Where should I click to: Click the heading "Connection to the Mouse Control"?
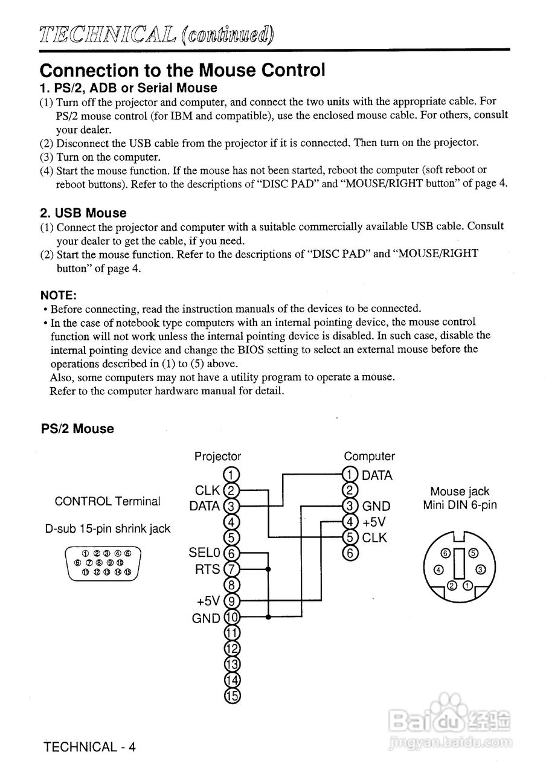(182, 70)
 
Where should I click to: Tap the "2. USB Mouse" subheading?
(83, 213)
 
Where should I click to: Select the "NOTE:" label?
(58, 295)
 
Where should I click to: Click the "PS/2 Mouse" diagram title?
(77, 429)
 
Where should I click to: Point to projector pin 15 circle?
(232, 696)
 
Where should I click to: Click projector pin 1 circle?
(232, 475)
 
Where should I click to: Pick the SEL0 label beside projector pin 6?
(205, 553)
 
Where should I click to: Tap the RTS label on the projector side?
(208, 569)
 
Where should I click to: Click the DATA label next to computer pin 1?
(377, 475)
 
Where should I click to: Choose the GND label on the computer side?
(376, 506)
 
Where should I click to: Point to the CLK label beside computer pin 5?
(374, 537)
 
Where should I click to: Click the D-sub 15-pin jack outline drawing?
(103, 563)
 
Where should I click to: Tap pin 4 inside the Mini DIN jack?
(439, 569)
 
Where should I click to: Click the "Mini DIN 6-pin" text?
(460, 505)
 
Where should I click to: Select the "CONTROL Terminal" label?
(108, 501)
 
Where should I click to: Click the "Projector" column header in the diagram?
(217, 457)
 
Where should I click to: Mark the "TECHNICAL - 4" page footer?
(90, 746)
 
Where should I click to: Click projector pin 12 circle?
(232, 649)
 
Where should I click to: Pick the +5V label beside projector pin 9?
(209, 601)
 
